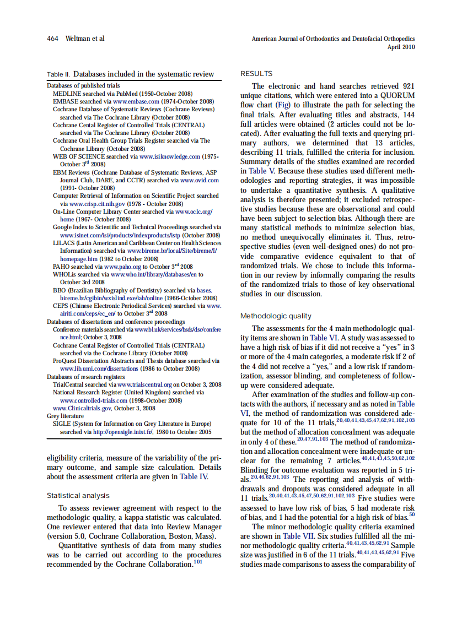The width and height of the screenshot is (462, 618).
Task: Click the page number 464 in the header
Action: pyautogui.click(x=53, y=39)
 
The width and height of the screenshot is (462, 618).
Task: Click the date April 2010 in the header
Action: pyautogui.click(x=401, y=47)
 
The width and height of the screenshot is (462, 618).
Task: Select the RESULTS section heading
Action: pyautogui.click(x=256, y=74)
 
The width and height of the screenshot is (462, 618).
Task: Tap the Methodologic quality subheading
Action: pyautogui.click(x=276, y=316)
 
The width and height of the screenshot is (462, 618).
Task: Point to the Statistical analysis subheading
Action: pyautogui.click(x=78, y=496)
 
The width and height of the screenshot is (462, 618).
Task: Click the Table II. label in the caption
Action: pyautogui.click(x=58, y=74)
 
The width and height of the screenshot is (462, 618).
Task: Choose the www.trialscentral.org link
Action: pyautogui.click(x=148, y=384)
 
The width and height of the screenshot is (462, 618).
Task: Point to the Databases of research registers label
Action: pyautogui.click(x=85, y=377)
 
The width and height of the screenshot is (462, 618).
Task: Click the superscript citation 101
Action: pyautogui.click(x=198, y=562)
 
